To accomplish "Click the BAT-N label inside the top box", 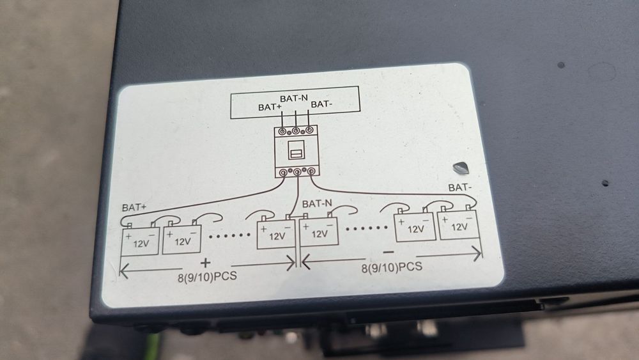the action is (295, 98).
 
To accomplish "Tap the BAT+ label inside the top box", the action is (270, 107).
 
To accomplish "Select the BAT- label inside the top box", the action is (321, 104).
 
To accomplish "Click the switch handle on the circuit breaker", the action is (295, 153).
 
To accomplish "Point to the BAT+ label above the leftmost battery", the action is (134, 208).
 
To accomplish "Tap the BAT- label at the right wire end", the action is (461, 187).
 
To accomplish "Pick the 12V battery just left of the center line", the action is (275, 234).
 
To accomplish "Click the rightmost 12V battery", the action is (459, 226).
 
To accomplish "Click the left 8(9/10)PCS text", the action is (204, 278).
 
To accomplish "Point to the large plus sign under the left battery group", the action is (205, 263).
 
